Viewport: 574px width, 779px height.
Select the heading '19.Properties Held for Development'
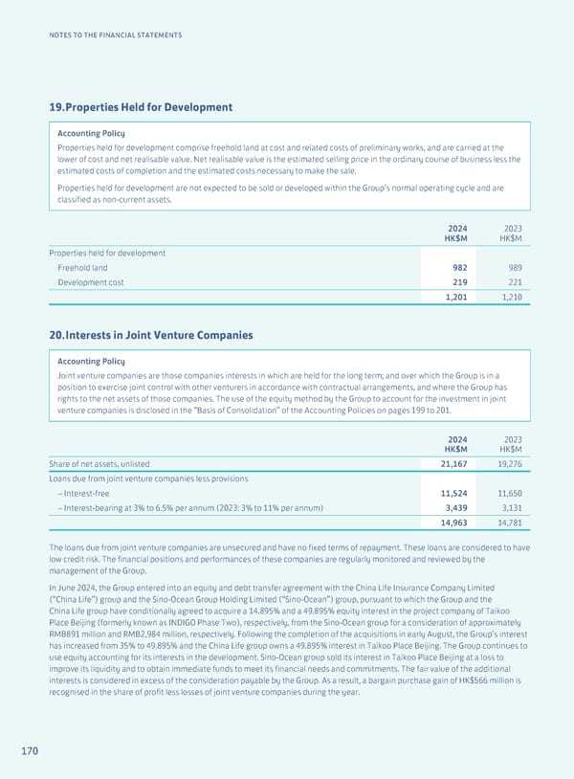[141, 108]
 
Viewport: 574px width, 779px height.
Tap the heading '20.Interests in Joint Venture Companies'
[150, 335]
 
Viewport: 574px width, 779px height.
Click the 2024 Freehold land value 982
[457, 268]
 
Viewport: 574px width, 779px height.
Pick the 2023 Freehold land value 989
[511, 268]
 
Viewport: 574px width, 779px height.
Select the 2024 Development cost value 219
[457, 283]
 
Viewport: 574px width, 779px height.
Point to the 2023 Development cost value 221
[511, 283]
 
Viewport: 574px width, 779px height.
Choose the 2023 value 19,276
[504, 463]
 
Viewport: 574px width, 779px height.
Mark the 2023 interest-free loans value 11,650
[504, 493]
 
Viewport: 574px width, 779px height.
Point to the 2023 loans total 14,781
[504, 523]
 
